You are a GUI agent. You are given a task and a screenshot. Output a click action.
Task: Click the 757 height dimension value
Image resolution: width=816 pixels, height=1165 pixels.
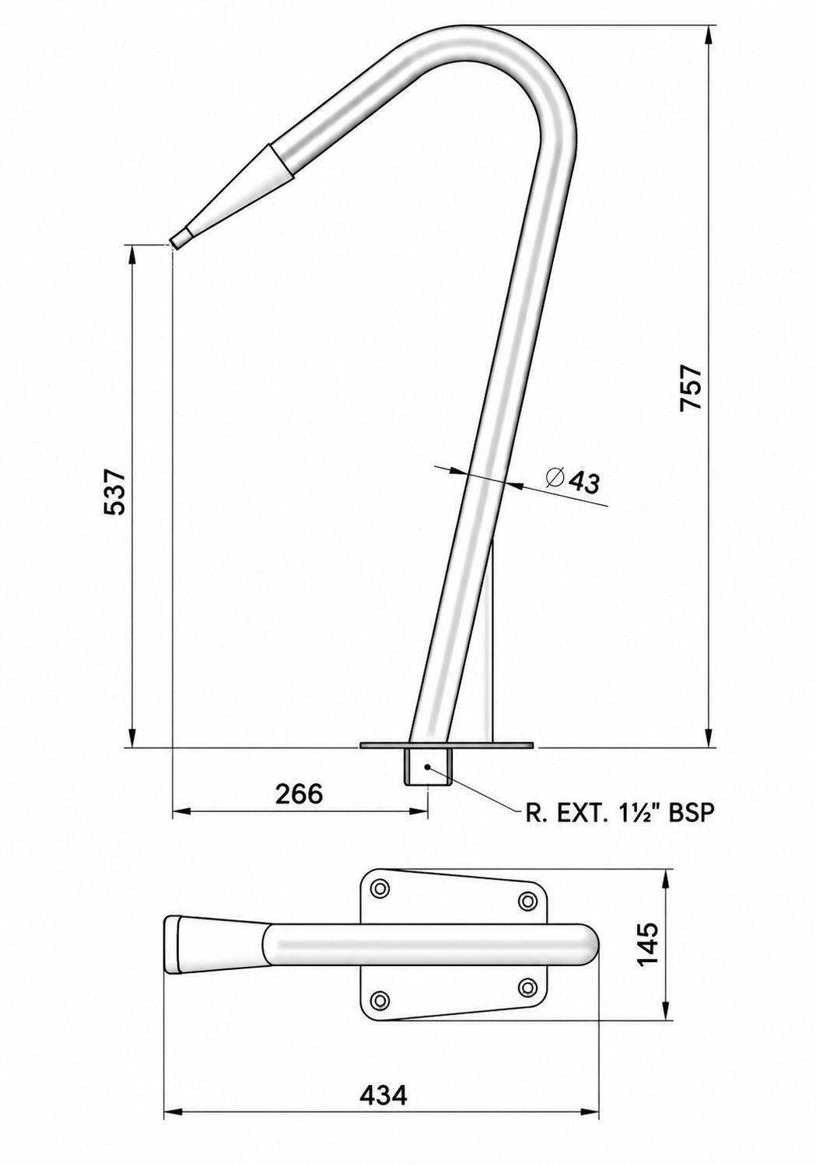691,388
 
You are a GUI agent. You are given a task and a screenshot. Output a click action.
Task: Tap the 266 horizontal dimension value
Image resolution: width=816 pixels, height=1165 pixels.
299,794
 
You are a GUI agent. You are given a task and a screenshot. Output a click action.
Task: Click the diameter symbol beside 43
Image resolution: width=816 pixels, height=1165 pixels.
555,477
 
